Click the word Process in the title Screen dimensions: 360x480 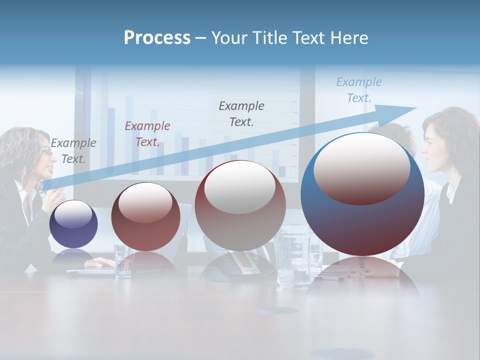[x=157, y=38]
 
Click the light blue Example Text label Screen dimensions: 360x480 [x=359, y=90]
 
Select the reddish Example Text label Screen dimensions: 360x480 [x=147, y=134]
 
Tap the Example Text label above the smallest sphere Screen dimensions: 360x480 [x=73, y=150]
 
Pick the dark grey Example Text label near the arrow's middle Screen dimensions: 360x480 [x=241, y=113]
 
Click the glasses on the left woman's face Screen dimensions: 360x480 [x=46, y=151]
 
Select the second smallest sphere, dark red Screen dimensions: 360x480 [x=145, y=217]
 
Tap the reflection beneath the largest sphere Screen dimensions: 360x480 [x=362, y=277]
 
